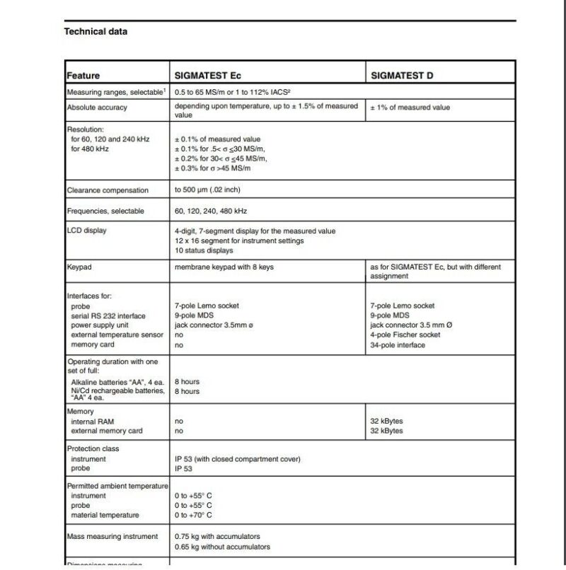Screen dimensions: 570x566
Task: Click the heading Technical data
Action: pos(96,31)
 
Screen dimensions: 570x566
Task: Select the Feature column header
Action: pos(83,76)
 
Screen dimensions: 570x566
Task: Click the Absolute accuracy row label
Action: pos(97,107)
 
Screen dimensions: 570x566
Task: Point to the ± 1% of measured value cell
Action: pos(410,107)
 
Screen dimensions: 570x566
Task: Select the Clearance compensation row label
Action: pos(108,190)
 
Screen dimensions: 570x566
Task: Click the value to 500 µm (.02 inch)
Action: pos(216,190)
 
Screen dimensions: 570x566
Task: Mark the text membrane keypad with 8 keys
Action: pos(223,267)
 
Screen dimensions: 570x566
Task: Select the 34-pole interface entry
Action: pos(398,345)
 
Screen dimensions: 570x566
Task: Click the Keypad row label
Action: pos(79,268)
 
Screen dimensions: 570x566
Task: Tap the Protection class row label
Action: pos(93,449)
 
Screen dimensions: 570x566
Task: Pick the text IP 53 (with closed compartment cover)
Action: pos(238,459)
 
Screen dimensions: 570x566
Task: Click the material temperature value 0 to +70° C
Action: pos(193,516)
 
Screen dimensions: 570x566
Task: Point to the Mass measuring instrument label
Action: pos(112,536)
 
